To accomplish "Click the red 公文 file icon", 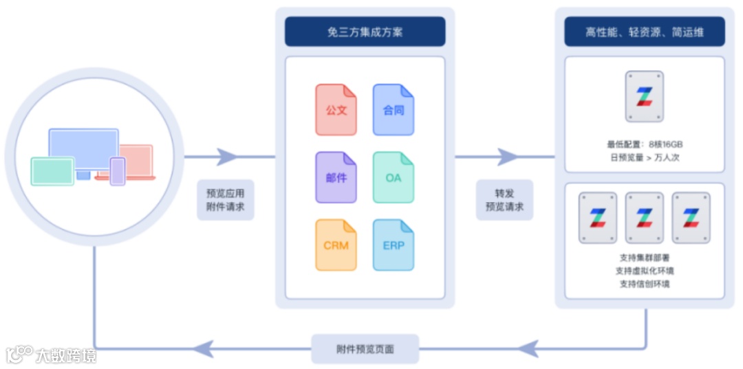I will pos(336,109).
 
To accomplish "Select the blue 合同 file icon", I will pos(394,109).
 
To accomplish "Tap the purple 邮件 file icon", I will pos(336,177).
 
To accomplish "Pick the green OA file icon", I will pos(394,177).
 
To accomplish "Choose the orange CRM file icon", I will pos(336,245).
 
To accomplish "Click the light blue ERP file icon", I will pos(394,245).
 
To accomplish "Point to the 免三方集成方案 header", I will pos(365,32).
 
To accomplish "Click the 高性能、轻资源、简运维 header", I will pos(645,32).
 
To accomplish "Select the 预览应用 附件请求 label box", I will pos(226,199).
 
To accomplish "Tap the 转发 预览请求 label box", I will pos(504,199).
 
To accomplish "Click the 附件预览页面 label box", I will pos(365,349).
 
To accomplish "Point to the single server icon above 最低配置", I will pos(645,96).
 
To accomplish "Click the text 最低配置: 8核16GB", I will pos(645,144).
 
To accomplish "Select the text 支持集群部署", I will pos(645,258).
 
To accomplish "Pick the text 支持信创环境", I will pos(645,284).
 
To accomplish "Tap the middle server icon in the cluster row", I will pos(645,217).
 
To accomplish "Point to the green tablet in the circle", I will pos(52,171).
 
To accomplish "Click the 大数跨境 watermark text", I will pos(66,355).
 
